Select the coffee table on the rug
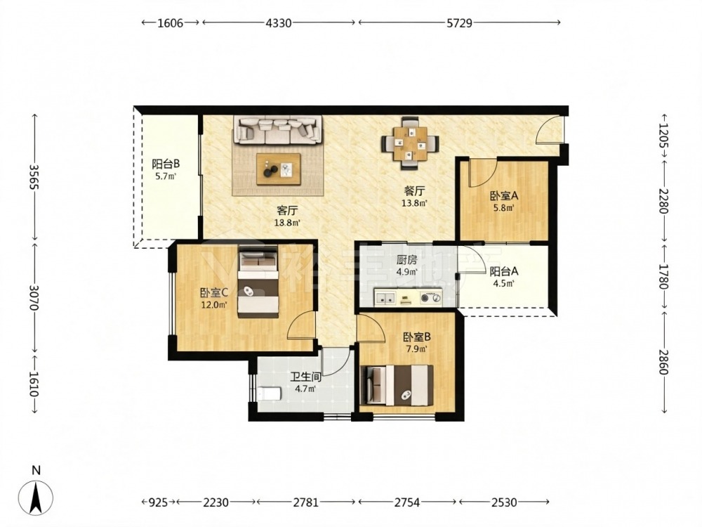[x=278, y=169]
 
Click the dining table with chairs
[x=410, y=143]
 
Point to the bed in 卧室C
[x=258, y=282]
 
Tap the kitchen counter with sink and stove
[x=407, y=297]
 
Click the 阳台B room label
[x=166, y=164]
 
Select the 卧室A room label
[x=503, y=196]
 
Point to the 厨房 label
[x=406, y=261]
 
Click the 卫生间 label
[x=306, y=377]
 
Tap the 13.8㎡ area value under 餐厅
[x=416, y=203]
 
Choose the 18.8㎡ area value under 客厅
[x=287, y=222]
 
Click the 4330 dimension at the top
[x=279, y=23]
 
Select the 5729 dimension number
[x=459, y=23]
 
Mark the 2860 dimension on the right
[x=663, y=361]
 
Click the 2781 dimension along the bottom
[x=306, y=502]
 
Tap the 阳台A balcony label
[x=504, y=271]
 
